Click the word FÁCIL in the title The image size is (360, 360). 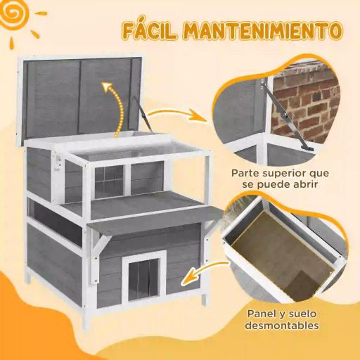tap(150, 32)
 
